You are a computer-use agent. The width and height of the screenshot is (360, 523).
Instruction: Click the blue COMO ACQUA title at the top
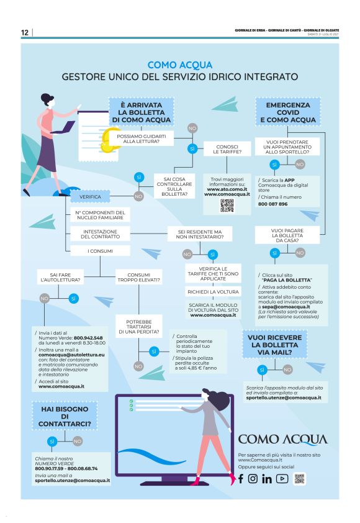tap(180, 64)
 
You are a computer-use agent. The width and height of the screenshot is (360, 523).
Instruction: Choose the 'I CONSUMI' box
tap(100, 250)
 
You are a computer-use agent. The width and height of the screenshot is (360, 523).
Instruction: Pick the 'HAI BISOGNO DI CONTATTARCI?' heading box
tap(64, 415)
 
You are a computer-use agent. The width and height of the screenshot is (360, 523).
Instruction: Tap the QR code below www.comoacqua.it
tap(227, 206)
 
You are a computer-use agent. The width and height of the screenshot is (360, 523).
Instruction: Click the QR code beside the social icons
tap(300, 478)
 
